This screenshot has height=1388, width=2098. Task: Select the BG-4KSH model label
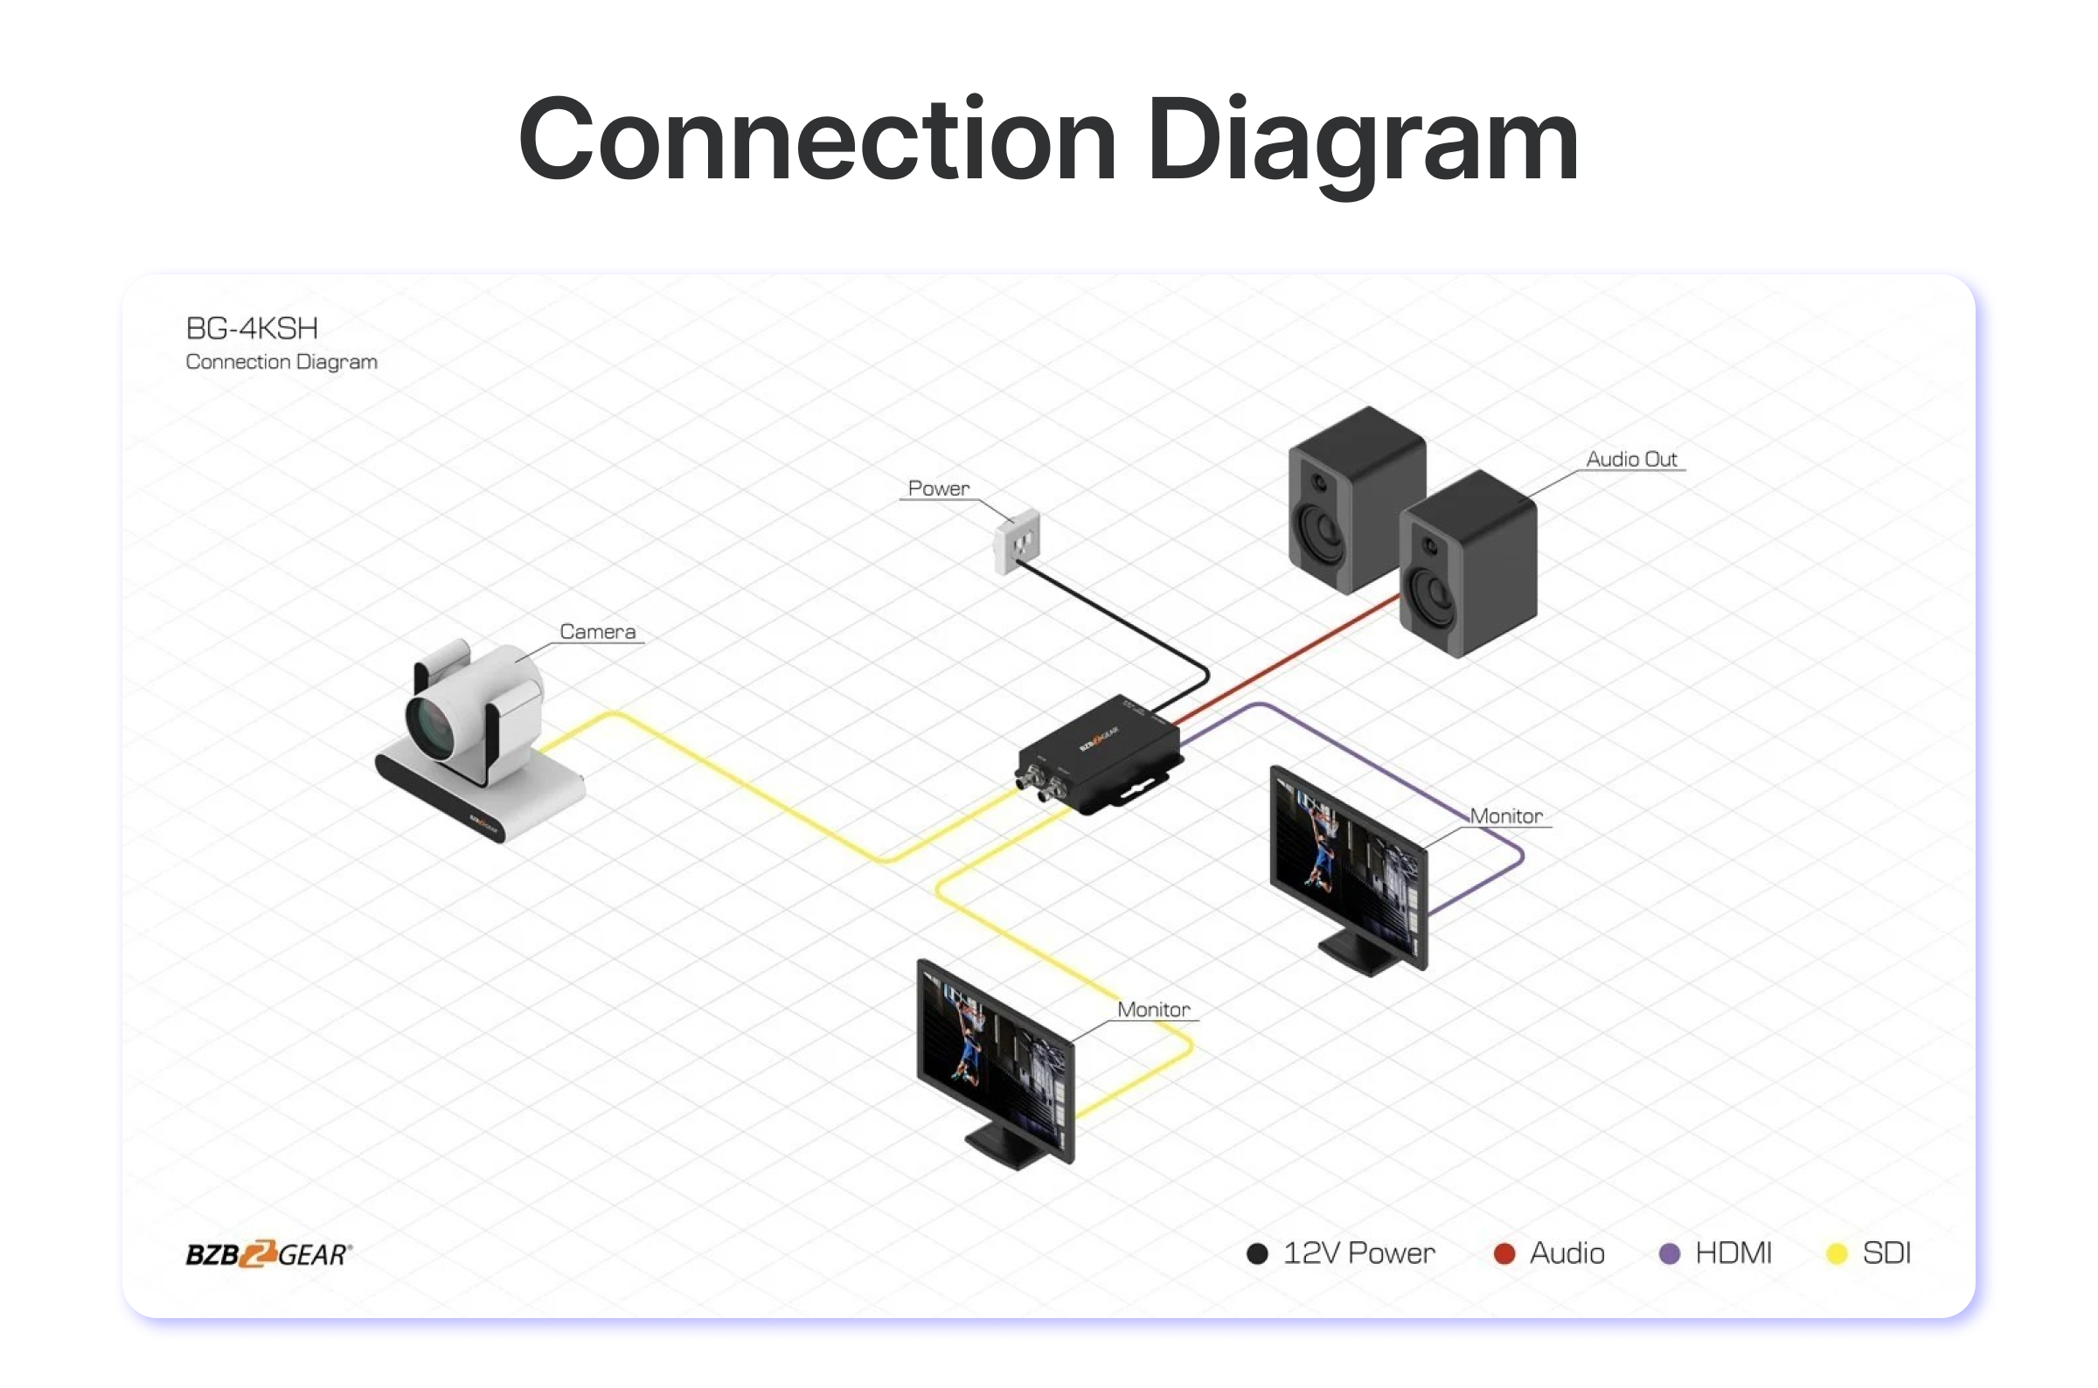tap(252, 329)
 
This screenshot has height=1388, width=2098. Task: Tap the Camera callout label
tap(598, 631)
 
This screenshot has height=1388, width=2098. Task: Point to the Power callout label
tap(938, 488)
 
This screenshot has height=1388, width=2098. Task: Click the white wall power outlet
tap(1018, 541)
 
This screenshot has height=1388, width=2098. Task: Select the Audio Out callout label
tap(1630, 459)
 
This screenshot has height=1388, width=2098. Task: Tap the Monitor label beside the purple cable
tap(1506, 815)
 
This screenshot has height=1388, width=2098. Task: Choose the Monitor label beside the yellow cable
tap(1152, 1010)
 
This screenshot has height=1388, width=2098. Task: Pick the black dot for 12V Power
tap(1256, 1253)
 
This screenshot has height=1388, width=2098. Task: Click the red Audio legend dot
tap(1503, 1253)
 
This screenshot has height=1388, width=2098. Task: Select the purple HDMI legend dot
tap(1669, 1253)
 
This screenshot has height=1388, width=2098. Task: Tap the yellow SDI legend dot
tap(1837, 1253)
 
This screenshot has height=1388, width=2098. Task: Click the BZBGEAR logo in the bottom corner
tap(268, 1253)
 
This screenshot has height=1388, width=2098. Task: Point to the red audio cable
tap(1283, 655)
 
